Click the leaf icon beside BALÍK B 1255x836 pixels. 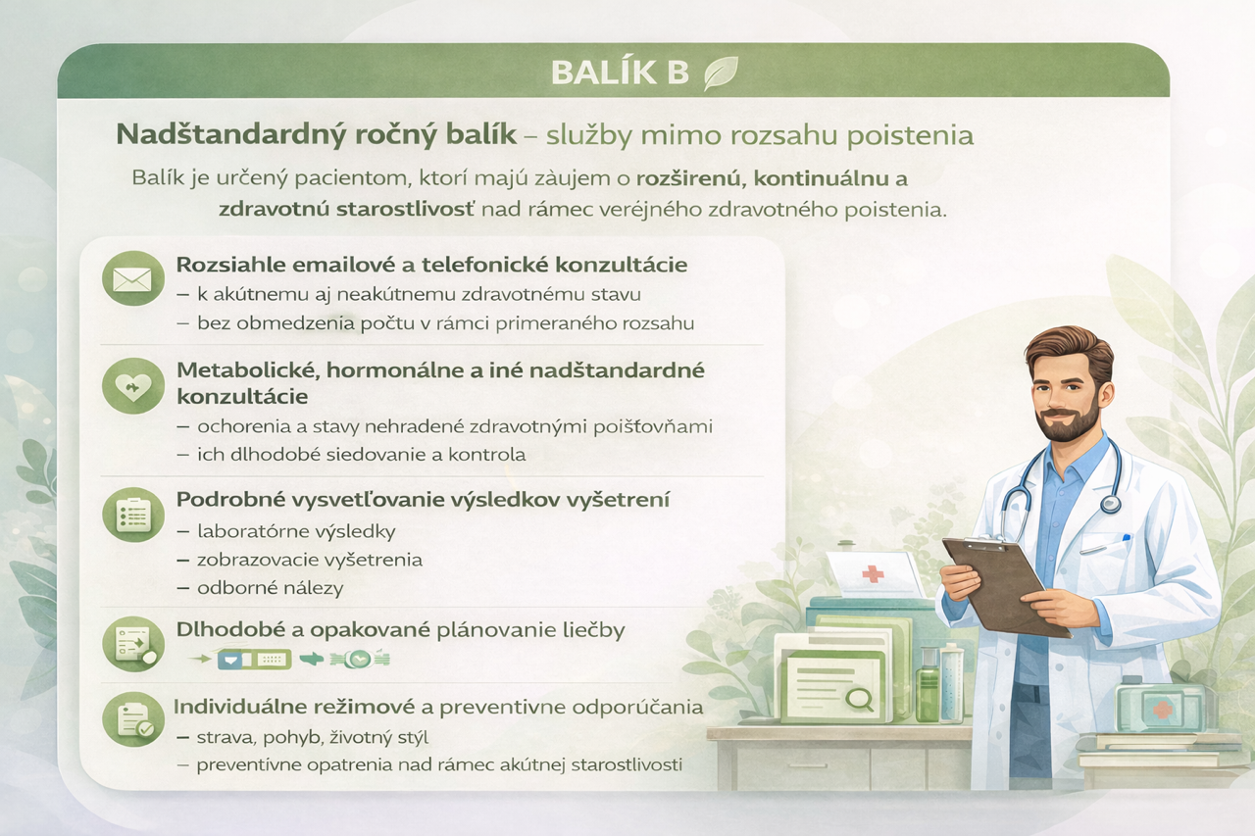[x=721, y=74]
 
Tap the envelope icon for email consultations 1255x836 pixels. [x=132, y=279]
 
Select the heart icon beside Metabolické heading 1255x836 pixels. [x=132, y=386]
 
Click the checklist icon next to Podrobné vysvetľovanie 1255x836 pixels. [x=133, y=514]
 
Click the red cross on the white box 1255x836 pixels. [x=873, y=573]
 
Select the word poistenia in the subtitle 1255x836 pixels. [x=910, y=136]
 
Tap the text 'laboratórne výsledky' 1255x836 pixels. [x=296, y=531]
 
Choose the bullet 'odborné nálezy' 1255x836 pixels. [x=270, y=588]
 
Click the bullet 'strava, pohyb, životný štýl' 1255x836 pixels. [x=313, y=737]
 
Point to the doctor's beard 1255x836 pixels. [x=1061, y=423]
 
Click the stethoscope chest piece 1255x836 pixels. [x=1111, y=505]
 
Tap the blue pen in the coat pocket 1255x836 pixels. [x=1127, y=539]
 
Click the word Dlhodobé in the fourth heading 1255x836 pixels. [x=231, y=630]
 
